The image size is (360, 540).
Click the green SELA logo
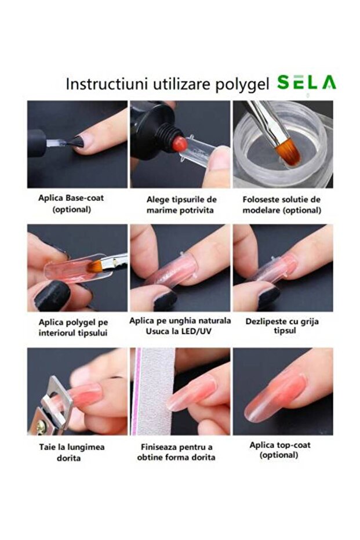[307, 83]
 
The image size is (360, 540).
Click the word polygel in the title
[242, 85]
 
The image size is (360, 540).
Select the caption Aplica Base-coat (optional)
[71, 204]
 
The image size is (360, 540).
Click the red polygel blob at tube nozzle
[179, 144]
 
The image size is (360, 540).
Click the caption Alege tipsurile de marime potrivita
[181, 205]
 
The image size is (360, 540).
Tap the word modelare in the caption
[260, 210]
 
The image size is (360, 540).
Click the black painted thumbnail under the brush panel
[53, 296]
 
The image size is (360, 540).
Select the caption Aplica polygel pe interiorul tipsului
[73, 328]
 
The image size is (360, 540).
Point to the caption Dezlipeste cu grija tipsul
[282, 326]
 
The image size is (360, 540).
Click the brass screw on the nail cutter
[41, 427]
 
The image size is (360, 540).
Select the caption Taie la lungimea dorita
[71, 452]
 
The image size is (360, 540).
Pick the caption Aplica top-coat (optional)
[280, 450]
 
